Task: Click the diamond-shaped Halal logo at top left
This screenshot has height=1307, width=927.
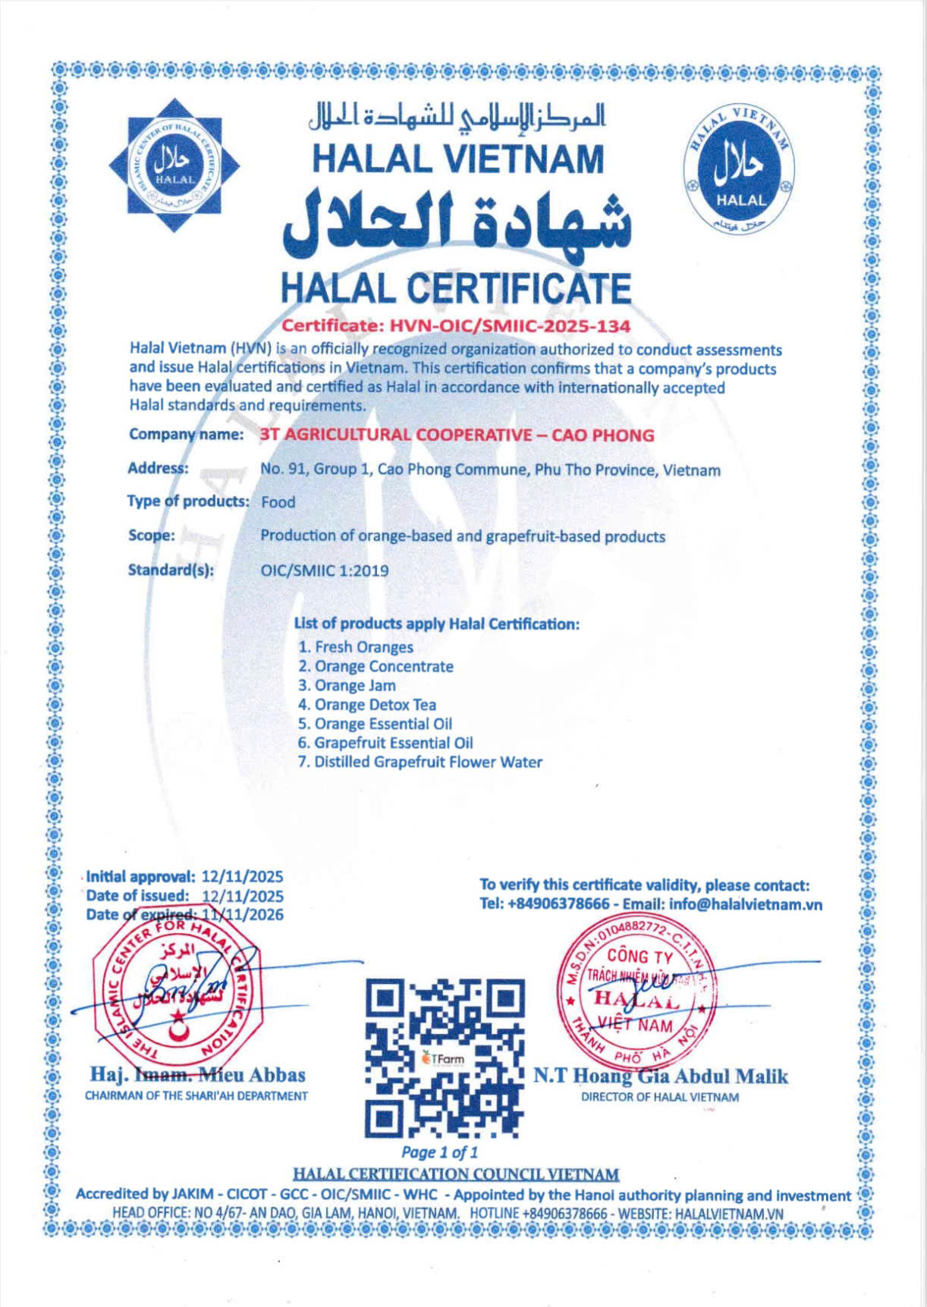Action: (175, 165)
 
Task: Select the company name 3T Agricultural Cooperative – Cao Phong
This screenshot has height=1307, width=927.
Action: (457, 435)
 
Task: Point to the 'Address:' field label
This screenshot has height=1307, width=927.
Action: (158, 468)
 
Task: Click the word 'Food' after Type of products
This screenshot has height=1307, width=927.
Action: (278, 502)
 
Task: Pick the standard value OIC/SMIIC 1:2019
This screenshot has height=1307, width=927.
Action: (324, 570)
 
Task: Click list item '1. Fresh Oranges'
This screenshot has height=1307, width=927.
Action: (356, 647)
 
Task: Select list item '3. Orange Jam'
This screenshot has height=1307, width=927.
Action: (347, 685)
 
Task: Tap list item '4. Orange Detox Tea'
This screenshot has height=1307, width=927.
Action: (367, 705)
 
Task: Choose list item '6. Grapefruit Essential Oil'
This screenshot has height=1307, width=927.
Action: (385, 743)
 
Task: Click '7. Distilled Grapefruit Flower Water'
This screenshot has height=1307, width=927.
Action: (420, 762)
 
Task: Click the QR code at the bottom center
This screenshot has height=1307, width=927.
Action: (445, 1057)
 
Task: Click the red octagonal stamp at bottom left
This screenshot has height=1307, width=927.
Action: (177, 994)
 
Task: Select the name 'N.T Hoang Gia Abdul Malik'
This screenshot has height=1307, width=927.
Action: (660, 1076)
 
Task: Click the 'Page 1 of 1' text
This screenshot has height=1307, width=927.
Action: (440, 1153)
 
